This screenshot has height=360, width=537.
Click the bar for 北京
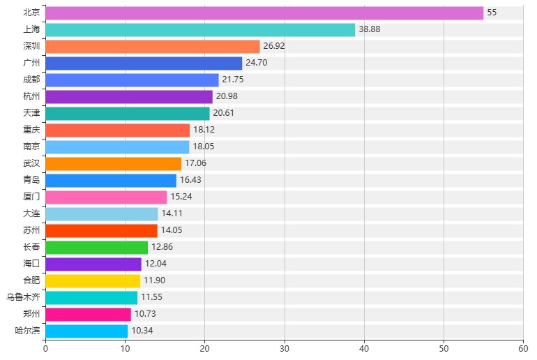[264, 13]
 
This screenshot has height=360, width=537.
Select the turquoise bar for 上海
[200, 30]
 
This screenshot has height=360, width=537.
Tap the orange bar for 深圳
[153, 47]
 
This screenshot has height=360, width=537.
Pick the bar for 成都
[132, 80]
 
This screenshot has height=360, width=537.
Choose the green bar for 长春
[97, 247]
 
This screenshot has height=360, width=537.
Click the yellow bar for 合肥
[93, 280]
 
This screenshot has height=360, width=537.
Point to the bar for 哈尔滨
[86, 331]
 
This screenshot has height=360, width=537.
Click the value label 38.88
[370, 30]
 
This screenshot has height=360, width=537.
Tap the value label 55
[492, 13]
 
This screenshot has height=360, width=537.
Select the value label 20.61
[224, 114]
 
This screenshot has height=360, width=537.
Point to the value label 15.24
[181, 197]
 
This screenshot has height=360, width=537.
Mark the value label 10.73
[146, 314]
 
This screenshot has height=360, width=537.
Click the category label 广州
[31, 63]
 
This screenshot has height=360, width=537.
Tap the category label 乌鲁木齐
[23, 297]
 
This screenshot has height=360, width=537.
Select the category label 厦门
[31, 197]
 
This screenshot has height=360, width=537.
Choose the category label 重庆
[31, 130]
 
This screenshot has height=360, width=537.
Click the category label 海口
[31, 264]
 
